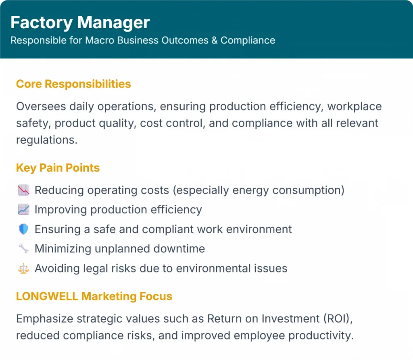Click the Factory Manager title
coord(80,23)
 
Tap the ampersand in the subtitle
coord(215,40)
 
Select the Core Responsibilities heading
coord(73,84)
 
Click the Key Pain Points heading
coord(58,168)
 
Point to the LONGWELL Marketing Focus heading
coord(94,296)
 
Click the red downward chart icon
coord(23,190)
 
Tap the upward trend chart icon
coord(23,210)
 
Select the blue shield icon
coord(23,229)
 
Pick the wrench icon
coord(23,249)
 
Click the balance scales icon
coord(23,268)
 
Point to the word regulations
coord(47,140)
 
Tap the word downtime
coord(179,249)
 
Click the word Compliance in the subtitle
coord(248,40)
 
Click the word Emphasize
coord(44,319)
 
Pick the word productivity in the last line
coord(321,336)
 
